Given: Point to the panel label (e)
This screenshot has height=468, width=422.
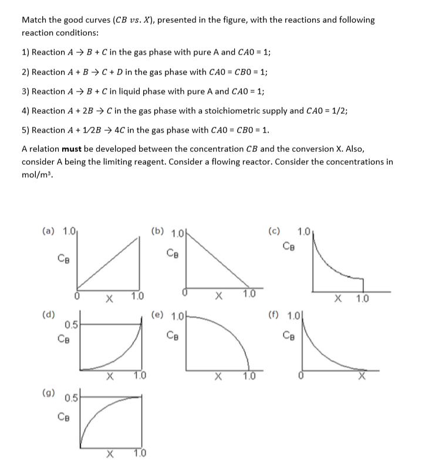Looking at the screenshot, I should [158, 314].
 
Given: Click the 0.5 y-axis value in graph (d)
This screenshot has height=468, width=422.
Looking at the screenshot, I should [72, 324].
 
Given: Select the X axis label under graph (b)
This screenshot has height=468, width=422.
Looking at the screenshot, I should [218, 296].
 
